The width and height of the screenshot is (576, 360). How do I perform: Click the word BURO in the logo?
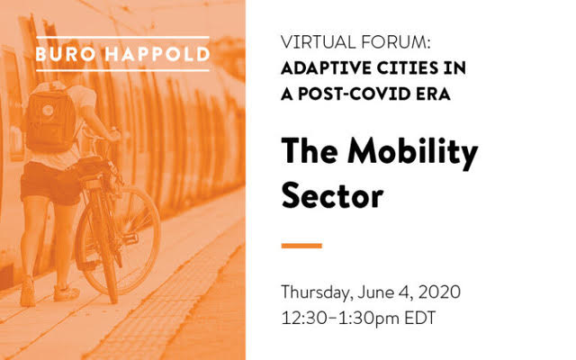(x=66, y=54)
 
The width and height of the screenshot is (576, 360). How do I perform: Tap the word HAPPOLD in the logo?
(x=157, y=54)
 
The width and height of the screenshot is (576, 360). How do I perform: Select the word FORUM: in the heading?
(x=395, y=42)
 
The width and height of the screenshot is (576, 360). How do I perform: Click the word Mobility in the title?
(x=412, y=151)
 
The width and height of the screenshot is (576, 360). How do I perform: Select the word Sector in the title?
(x=332, y=196)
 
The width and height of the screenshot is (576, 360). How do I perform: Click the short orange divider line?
(x=301, y=246)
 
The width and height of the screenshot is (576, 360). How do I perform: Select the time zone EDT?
(x=420, y=318)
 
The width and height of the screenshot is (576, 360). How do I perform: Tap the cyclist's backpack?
(x=50, y=118)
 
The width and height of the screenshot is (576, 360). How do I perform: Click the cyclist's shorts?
(x=49, y=183)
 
